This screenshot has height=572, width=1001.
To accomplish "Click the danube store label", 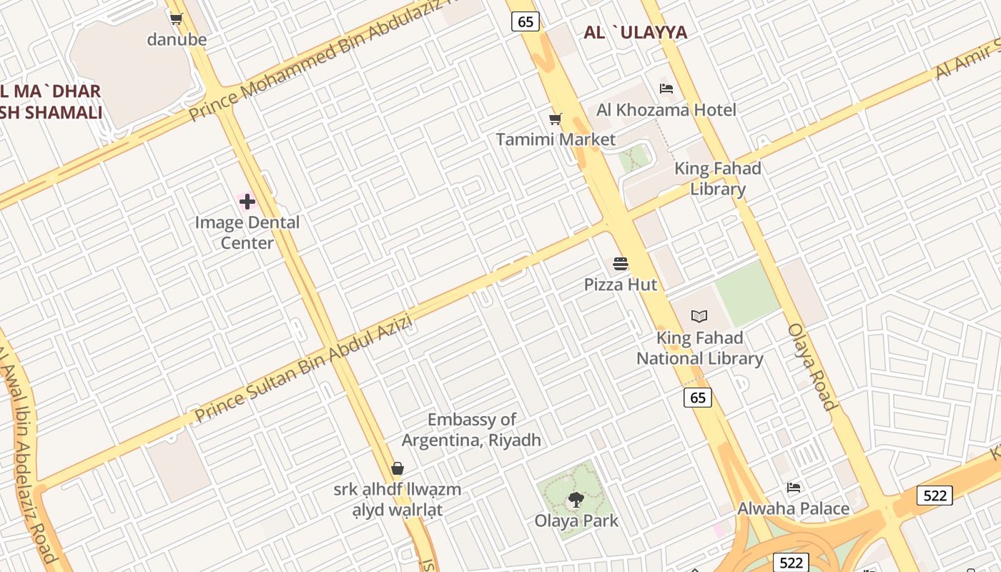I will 177,39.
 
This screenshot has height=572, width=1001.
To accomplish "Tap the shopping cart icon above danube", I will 177,19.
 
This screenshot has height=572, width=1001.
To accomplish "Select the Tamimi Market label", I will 556,139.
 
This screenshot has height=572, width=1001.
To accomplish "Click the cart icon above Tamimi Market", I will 555,119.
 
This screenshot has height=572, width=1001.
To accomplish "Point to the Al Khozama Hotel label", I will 666,109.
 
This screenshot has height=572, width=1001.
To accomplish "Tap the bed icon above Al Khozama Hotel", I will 666,89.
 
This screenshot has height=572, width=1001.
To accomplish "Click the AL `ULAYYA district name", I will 635,32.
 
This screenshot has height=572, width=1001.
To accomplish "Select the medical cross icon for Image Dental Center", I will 247,202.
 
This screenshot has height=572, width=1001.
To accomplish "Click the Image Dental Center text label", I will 247,232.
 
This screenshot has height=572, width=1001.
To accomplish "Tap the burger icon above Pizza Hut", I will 621,264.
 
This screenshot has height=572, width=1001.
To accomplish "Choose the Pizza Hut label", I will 621,285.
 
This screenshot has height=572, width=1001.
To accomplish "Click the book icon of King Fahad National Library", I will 699,316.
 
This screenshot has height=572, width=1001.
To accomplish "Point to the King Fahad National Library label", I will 700,348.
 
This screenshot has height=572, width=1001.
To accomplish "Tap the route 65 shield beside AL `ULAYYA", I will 525,21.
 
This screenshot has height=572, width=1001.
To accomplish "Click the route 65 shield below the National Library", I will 697,398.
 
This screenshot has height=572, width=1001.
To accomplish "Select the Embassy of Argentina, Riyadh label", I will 471,430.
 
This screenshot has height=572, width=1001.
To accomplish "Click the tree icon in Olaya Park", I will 576,500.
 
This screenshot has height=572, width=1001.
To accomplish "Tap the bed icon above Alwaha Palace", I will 794,488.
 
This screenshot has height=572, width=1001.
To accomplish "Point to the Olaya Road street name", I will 811,367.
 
